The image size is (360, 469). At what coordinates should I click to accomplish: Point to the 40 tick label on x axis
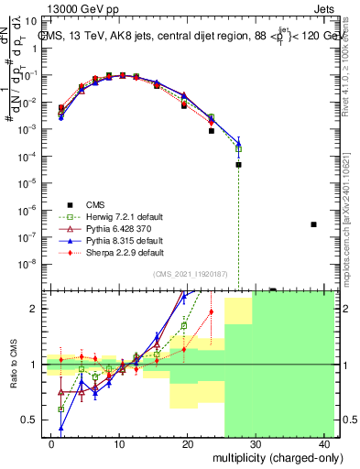324,443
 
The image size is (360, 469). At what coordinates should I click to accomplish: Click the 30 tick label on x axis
256,443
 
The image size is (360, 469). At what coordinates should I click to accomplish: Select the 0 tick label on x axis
52,443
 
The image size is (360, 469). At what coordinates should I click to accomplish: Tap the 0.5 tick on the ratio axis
29,420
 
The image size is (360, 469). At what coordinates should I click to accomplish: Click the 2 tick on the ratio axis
34,309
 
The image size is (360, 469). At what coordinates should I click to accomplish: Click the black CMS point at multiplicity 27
238,165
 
